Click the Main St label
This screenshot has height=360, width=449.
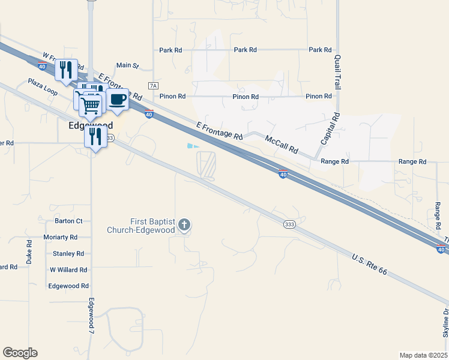(127, 65)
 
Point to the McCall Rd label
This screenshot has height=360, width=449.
(282, 143)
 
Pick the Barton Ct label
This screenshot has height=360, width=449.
(68, 221)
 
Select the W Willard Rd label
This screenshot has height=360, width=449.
(68, 270)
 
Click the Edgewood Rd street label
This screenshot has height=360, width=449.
(68, 286)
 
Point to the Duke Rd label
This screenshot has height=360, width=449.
(29, 252)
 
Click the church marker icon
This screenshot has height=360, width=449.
(184, 226)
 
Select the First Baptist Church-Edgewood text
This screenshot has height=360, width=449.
(141, 226)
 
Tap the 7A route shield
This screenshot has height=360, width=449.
(153, 86)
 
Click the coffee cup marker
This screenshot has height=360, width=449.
(118, 100)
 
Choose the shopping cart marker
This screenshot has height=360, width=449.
(91, 106)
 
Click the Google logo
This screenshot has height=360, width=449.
(20, 353)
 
